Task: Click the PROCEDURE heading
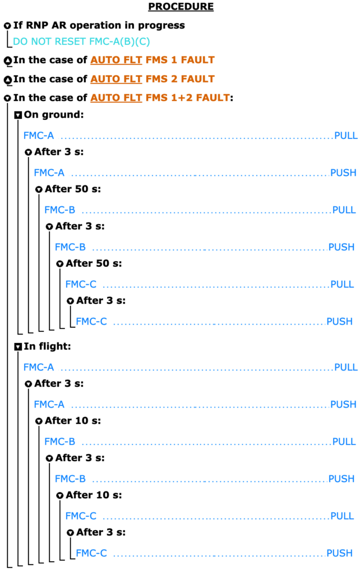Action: [181, 7]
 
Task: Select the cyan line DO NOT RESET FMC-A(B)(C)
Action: [81, 41]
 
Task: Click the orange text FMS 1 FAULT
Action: [180, 59]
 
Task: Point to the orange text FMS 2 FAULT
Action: [180, 78]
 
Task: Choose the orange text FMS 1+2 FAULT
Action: [188, 98]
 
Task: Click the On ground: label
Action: [54, 114]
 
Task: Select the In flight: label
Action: [47, 346]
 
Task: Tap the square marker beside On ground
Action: [18, 115]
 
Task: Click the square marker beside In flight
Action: [18, 346]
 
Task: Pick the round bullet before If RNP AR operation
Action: [7, 26]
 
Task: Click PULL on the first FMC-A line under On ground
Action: [346, 136]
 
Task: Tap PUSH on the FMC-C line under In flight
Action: [339, 553]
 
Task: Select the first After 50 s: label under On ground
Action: [73, 189]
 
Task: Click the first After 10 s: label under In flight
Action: [73, 420]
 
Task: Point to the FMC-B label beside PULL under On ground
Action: [59, 210]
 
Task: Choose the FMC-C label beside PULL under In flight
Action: [81, 516]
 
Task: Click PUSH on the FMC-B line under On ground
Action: [341, 247]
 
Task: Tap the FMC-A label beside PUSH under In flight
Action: [49, 404]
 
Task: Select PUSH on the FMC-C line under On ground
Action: [339, 321]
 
